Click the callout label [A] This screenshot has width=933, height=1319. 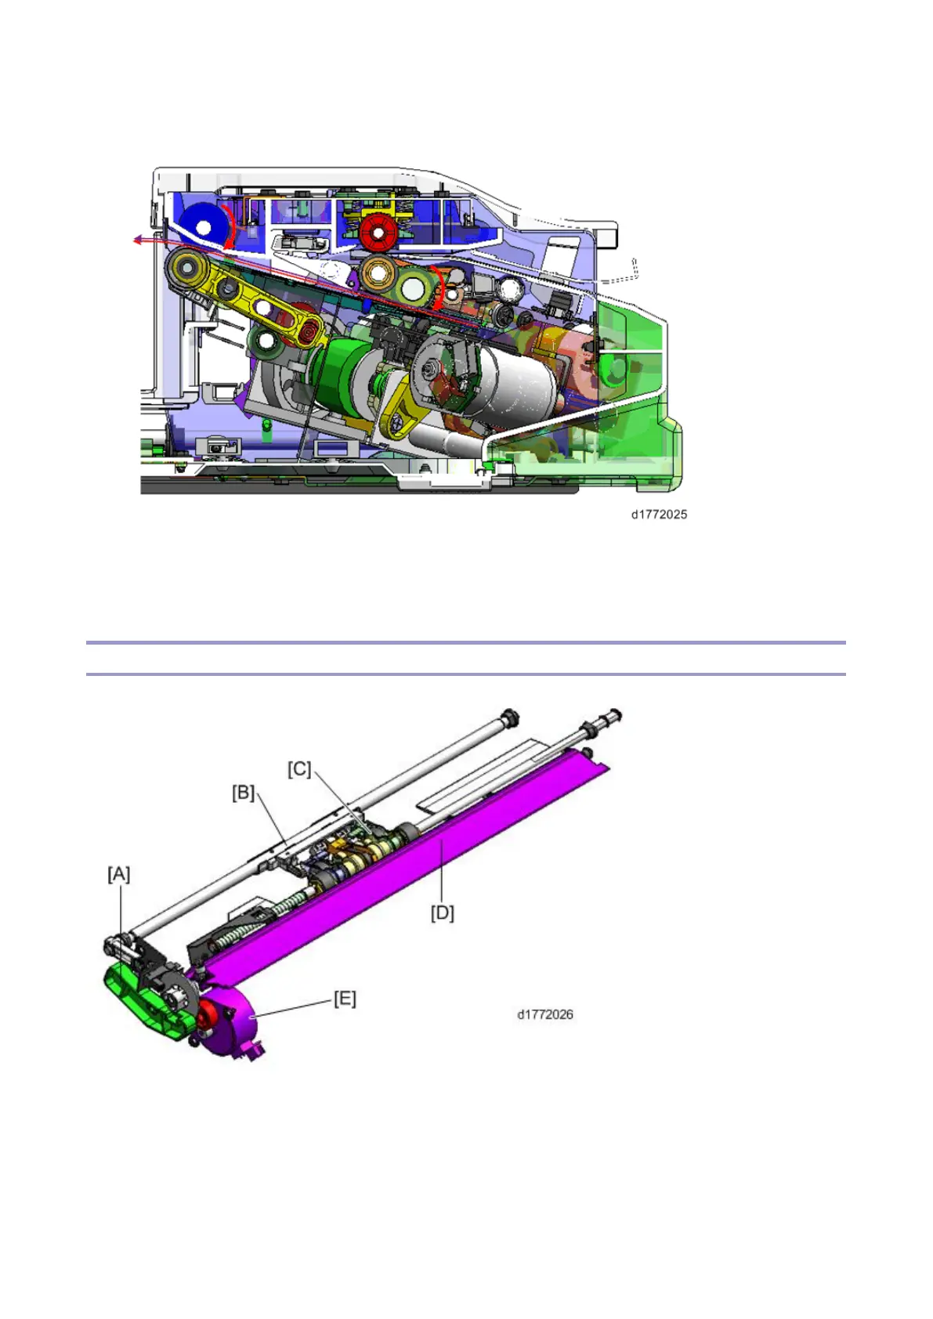click(118, 875)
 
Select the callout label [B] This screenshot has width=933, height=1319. click(244, 793)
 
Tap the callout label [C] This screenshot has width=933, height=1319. click(299, 769)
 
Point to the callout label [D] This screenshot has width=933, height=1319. click(443, 913)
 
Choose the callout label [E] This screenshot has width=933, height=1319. click(345, 999)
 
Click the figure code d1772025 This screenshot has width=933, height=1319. click(659, 515)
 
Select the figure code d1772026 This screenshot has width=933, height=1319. click(545, 1014)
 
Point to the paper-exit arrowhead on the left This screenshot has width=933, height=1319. click(137, 240)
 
